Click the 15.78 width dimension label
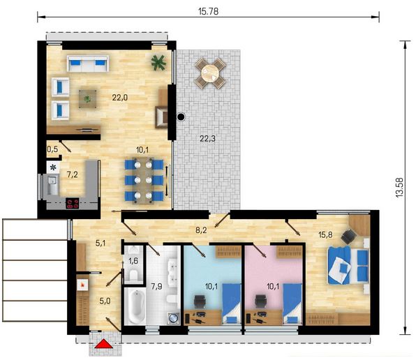click(208, 11)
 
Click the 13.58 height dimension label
click(399, 187)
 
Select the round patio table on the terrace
click(211, 73)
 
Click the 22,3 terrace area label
click(207, 138)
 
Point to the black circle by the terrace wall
click(181, 117)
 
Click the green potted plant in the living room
click(158, 63)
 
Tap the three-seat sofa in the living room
click(88, 63)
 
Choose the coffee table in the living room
click(87, 99)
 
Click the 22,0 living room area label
click(119, 98)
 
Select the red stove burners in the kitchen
click(73, 203)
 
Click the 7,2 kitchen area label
click(72, 174)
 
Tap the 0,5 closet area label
click(52, 149)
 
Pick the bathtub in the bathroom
click(135, 306)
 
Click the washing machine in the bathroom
click(174, 318)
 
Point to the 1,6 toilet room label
click(133, 261)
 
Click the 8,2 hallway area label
click(201, 230)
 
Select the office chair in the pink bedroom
click(260, 301)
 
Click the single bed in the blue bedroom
click(232, 303)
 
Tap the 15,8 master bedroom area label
click(325, 234)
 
